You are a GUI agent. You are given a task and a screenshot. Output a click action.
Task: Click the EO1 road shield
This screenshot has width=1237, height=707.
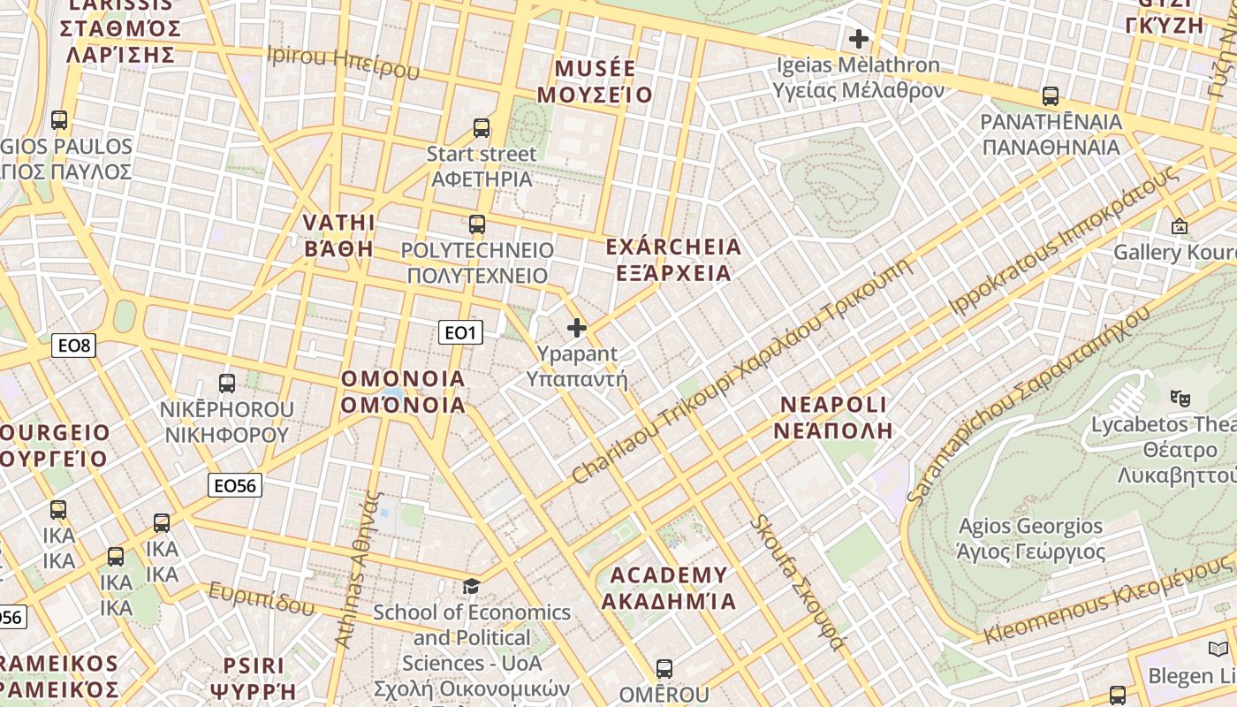tap(460, 332)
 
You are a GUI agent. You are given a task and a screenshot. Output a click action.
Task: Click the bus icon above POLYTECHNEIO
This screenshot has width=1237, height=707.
tap(477, 224)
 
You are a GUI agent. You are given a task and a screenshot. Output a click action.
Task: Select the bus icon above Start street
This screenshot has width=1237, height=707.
tap(482, 128)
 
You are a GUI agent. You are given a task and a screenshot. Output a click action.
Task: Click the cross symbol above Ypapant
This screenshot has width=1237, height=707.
tap(577, 329)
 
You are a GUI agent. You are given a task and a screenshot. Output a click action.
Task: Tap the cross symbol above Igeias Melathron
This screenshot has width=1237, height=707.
tap(858, 39)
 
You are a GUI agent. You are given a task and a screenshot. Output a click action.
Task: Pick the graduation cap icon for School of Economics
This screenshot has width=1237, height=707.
tap(472, 587)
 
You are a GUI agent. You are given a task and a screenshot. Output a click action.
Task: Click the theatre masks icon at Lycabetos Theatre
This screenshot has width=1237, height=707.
tap(1179, 399)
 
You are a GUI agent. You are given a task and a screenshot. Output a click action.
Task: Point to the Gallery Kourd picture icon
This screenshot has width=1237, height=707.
tap(1179, 227)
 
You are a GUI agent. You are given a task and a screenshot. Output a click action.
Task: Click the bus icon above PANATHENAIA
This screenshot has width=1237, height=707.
tap(1051, 96)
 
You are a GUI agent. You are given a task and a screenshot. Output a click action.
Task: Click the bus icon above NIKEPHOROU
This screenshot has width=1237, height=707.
tap(227, 384)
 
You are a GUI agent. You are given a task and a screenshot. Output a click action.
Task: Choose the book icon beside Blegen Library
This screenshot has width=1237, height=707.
tap(1218, 650)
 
